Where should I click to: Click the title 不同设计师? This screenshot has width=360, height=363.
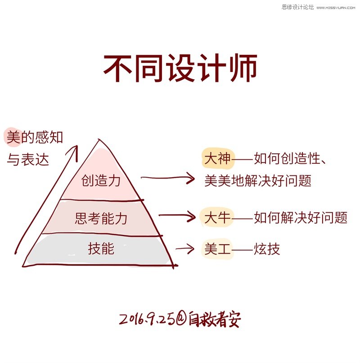coord(180,69)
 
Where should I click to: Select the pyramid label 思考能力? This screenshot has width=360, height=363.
coord(101,219)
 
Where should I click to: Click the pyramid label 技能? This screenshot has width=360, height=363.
coord(101,248)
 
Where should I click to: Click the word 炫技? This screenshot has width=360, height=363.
coord(267,249)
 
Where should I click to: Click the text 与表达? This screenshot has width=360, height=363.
coord(28,160)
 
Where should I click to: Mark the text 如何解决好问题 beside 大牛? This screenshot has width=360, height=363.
coord(301,218)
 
